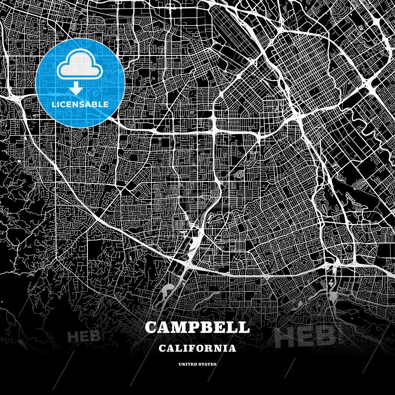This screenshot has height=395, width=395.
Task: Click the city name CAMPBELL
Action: tap(197, 327)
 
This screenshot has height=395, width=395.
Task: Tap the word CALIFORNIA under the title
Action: tap(197, 348)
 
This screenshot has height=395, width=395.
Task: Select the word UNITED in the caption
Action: tap(188, 364)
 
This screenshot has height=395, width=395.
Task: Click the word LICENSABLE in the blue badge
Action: tap(80, 105)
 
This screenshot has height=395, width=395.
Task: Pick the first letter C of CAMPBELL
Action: tap(151, 327)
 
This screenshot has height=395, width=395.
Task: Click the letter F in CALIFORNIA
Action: tap(189, 348)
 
